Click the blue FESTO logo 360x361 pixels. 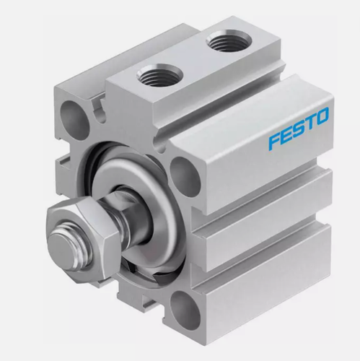click(299, 128)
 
